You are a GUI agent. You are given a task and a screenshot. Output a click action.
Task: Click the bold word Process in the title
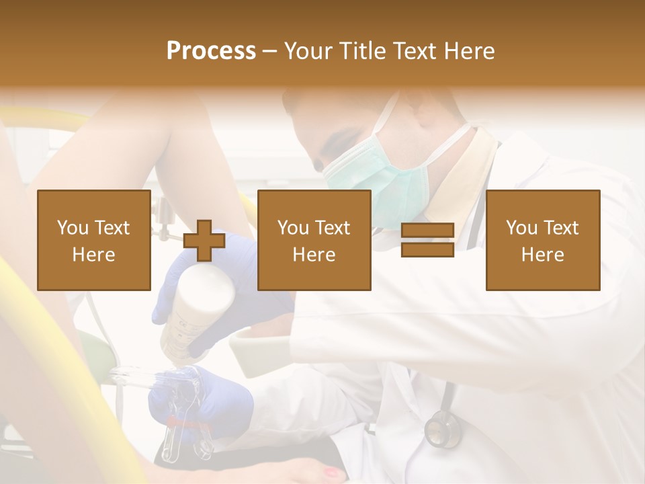click(211, 51)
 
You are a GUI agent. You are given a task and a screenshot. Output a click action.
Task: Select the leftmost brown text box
click(93, 240)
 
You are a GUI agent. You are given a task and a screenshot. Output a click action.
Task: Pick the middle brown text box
click(314, 240)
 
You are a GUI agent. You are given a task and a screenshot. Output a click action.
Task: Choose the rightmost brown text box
click(542, 240)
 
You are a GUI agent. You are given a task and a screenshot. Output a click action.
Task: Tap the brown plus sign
click(204, 241)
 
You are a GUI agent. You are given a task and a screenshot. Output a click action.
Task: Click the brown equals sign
click(427, 240)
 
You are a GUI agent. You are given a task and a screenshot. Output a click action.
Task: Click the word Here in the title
click(471, 51)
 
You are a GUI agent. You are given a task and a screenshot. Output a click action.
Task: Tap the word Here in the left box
click(93, 255)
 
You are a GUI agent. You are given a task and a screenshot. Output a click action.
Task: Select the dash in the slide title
click(269, 51)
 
